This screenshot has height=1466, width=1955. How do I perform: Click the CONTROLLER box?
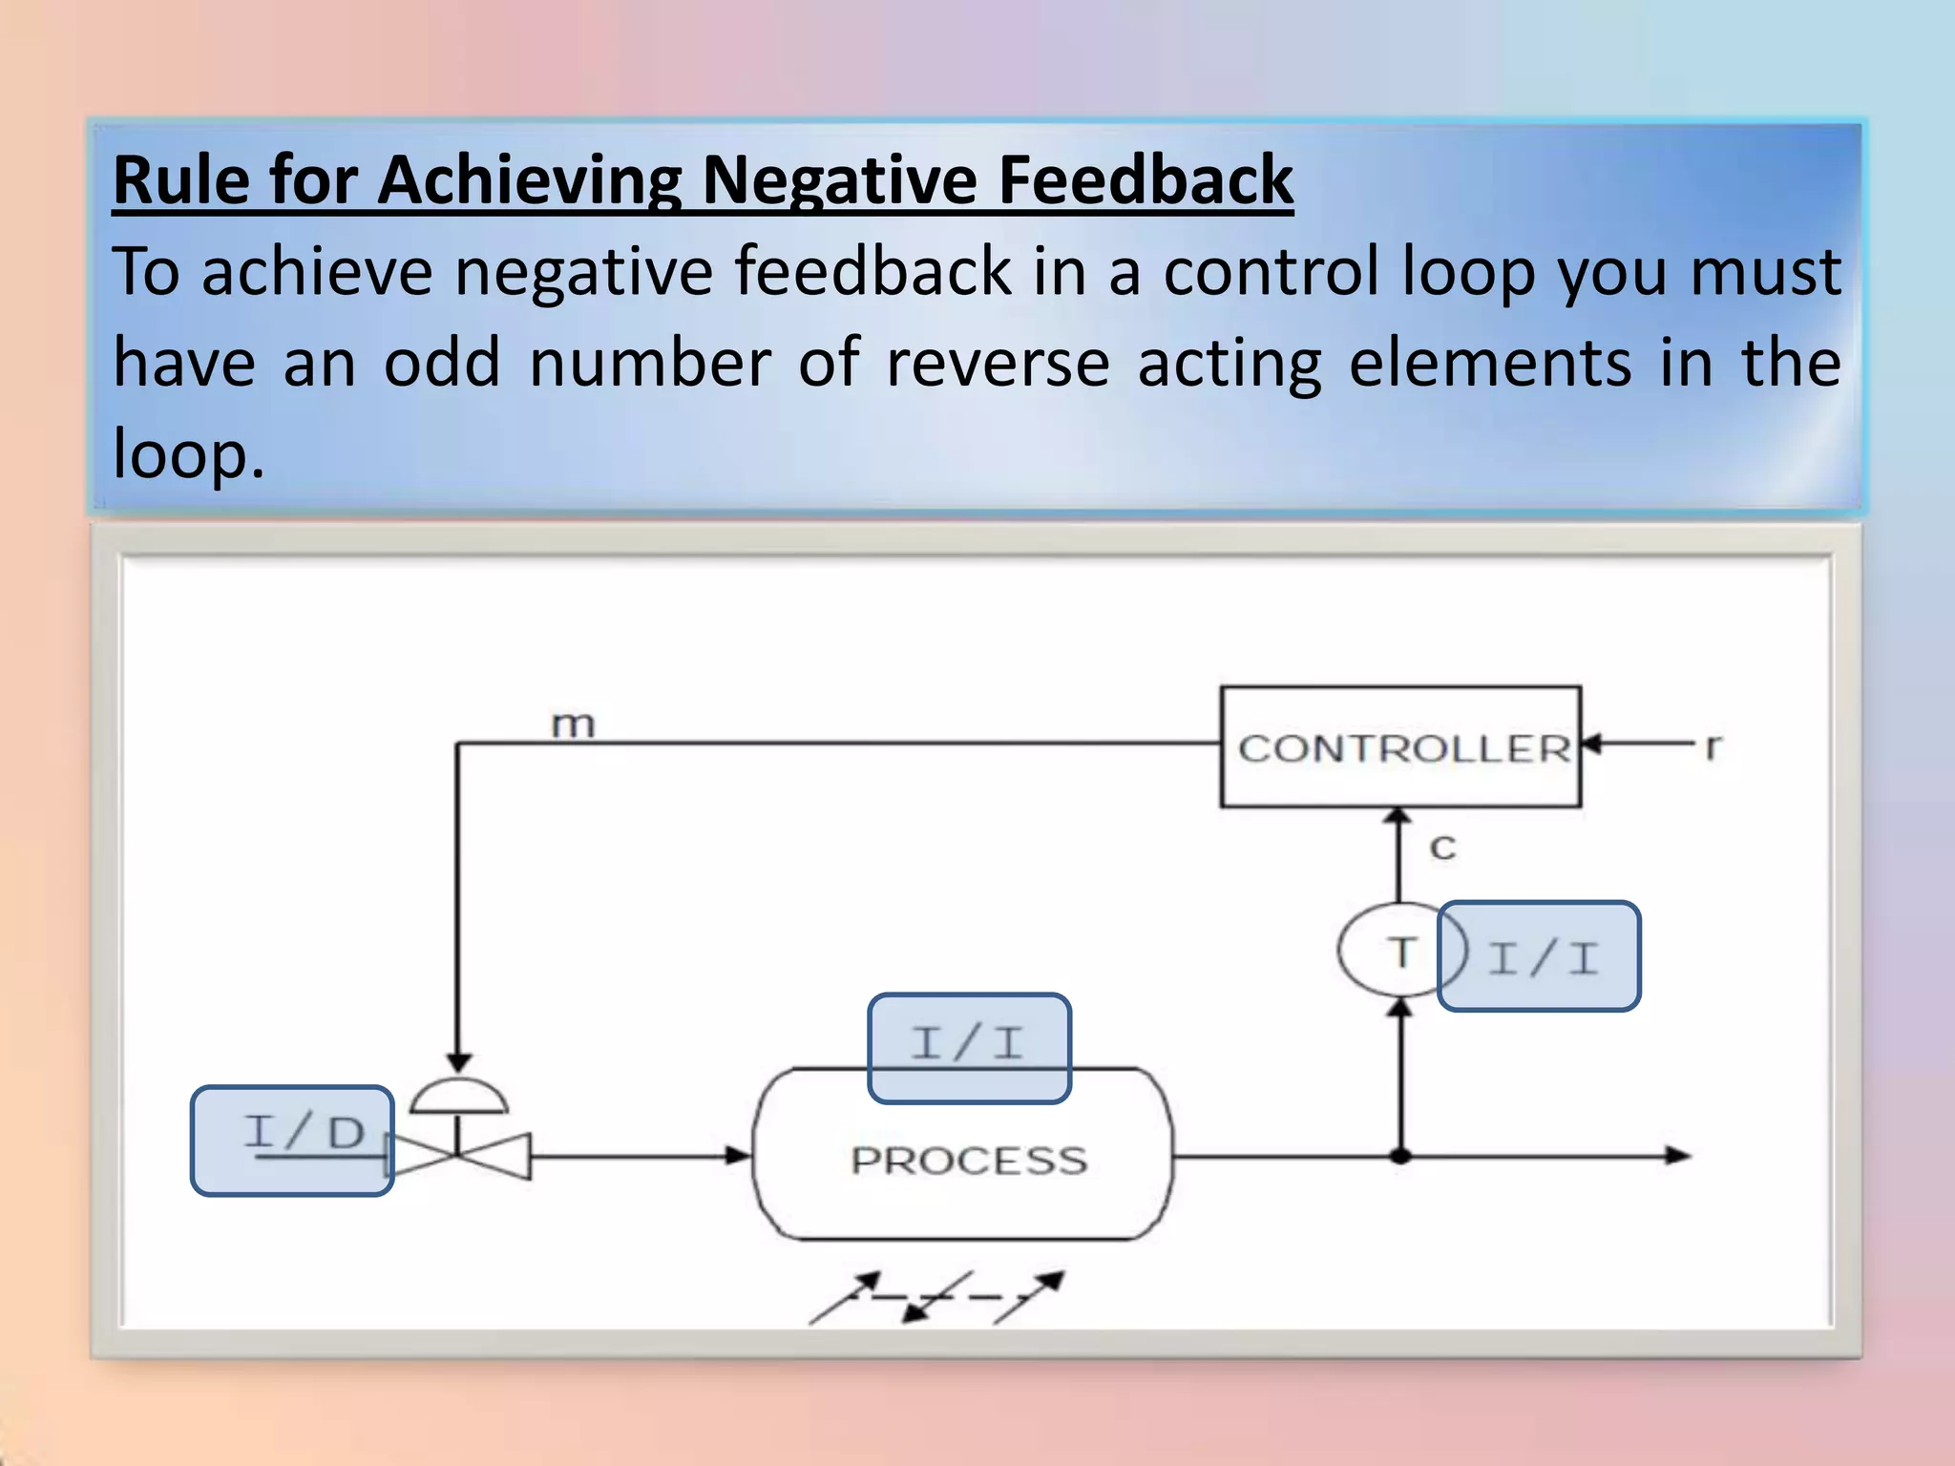1400,747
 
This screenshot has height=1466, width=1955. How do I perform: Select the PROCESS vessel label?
968,1161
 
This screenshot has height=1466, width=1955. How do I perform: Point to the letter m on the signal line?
573,724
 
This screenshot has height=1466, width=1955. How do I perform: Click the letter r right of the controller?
1713,745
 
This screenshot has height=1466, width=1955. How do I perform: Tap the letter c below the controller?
1442,847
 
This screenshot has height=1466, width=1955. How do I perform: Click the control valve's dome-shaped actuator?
458,1098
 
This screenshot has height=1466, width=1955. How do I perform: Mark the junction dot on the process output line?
1400,1156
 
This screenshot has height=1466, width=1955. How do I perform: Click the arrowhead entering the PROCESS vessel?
739,1156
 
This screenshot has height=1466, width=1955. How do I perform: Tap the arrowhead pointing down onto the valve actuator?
458,1062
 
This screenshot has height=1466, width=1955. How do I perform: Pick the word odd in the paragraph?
441,363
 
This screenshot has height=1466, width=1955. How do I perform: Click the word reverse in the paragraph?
998,363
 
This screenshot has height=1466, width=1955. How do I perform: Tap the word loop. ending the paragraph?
188,453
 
